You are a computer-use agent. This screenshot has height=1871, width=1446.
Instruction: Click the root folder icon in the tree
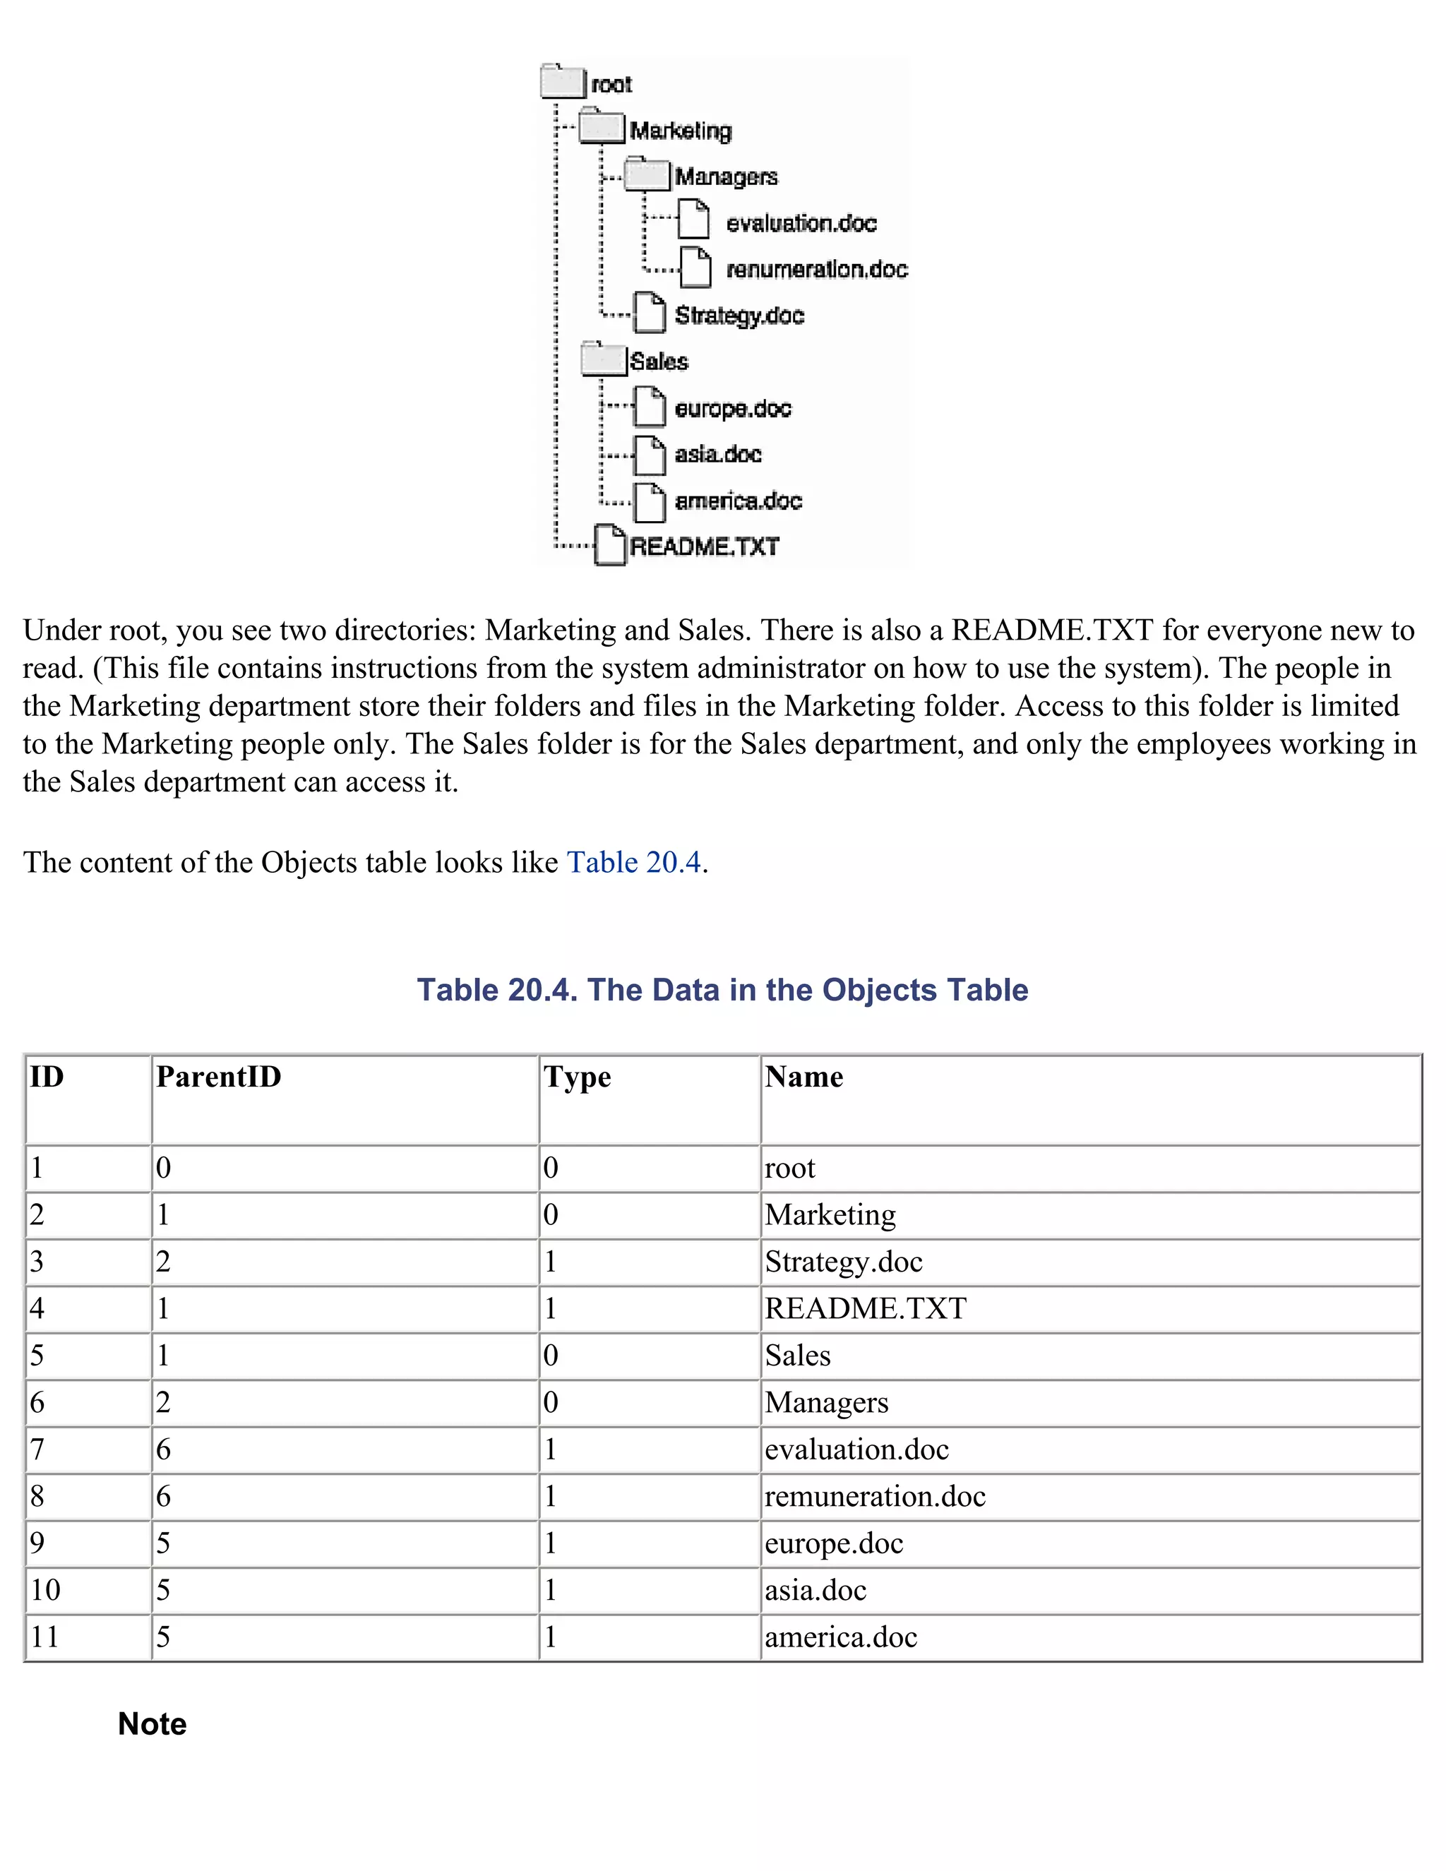pyautogui.click(x=563, y=82)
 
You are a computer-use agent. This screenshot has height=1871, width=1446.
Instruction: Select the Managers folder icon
pyautogui.click(x=647, y=175)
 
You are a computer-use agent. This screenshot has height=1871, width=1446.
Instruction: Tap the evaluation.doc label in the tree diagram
pyautogui.click(x=801, y=224)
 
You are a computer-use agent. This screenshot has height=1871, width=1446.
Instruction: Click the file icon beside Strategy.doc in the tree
pyautogui.click(x=650, y=313)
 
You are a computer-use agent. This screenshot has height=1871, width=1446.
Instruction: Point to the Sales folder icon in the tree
pyautogui.click(x=603, y=359)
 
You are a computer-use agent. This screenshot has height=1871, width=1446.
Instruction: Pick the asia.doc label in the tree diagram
pyautogui.click(x=718, y=454)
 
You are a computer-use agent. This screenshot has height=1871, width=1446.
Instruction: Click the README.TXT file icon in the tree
pyautogui.click(x=610, y=545)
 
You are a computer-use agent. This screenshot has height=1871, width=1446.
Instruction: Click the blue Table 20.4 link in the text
pyautogui.click(x=634, y=862)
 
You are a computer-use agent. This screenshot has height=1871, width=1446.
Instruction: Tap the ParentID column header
pyautogui.click(x=218, y=1077)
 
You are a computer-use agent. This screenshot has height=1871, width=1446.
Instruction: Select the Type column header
pyautogui.click(x=578, y=1077)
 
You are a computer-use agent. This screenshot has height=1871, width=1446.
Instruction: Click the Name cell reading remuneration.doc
pyautogui.click(x=875, y=1496)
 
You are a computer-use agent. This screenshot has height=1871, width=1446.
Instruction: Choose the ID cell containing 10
pyautogui.click(x=45, y=1590)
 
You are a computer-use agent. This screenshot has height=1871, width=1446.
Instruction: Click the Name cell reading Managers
pyautogui.click(x=827, y=1402)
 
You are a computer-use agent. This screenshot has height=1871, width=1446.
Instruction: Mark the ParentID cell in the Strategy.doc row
pyautogui.click(x=164, y=1262)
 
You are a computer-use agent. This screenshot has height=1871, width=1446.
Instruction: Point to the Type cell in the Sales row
pyautogui.click(x=551, y=1356)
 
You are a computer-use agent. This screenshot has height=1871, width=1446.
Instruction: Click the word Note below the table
pyautogui.click(x=153, y=1723)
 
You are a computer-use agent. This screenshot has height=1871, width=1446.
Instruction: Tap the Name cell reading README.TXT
pyautogui.click(x=865, y=1308)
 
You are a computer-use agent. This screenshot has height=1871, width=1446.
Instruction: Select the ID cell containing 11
pyautogui.click(x=44, y=1637)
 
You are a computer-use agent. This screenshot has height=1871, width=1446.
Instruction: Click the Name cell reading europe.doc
pyautogui.click(x=834, y=1543)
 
